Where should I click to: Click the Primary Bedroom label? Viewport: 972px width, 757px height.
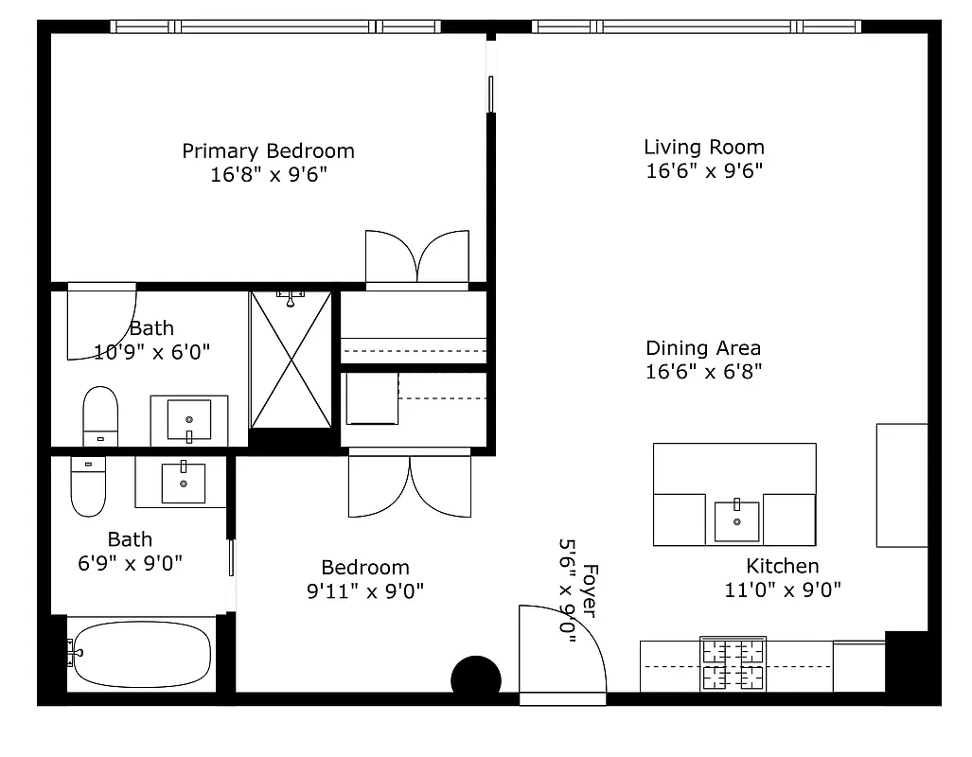coord(268,151)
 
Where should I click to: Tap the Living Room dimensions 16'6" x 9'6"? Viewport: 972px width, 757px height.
coord(704,171)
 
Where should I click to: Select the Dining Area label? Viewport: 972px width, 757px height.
coord(703,348)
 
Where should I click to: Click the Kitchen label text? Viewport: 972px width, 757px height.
coord(783,566)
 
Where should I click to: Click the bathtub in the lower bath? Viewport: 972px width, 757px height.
coord(142,655)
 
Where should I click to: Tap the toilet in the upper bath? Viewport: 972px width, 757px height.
coord(99,415)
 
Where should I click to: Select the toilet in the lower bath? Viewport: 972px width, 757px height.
coord(88,486)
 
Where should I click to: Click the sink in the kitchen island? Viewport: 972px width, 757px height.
coord(736,520)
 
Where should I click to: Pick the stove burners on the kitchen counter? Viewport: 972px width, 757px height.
coord(732,664)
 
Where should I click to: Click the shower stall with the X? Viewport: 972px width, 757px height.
coord(291,360)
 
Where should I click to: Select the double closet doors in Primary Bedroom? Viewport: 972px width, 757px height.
coord(416,257)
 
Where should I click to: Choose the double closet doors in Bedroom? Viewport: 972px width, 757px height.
coord(410,485)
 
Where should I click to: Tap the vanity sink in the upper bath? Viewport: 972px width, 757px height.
coord(189,419)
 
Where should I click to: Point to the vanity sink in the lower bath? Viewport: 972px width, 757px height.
coord(182,482)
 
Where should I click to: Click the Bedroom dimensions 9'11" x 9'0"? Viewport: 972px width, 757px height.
coord(365,591)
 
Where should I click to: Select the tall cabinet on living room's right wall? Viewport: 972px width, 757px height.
coord(901,484)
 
